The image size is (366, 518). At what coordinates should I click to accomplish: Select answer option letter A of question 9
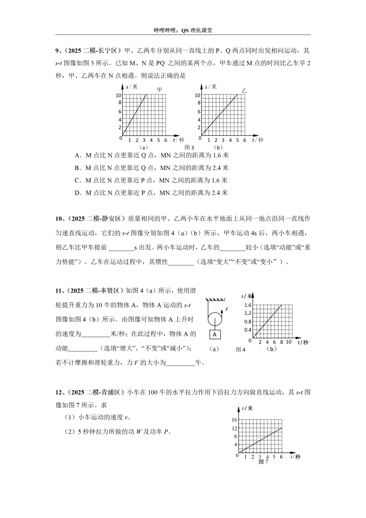[77, 155]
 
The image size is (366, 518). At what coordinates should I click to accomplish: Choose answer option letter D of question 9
[77, 193]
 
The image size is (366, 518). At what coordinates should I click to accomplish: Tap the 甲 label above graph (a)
[160, 90]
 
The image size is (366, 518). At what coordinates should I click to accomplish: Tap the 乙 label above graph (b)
[244, 91]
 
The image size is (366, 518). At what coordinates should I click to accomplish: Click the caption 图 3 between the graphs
[189, 148]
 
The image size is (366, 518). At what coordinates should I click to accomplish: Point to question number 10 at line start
[60, 219]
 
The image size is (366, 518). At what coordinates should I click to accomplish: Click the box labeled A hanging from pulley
[215, 334]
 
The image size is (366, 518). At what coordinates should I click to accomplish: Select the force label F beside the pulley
[227, 309]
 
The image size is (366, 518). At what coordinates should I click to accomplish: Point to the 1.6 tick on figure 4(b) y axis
[248, 305]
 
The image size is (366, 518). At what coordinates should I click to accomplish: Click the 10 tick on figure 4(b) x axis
[289, 342]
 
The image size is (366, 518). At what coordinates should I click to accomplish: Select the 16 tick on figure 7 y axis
[234, 420]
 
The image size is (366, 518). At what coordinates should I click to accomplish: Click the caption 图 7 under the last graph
[263, 462]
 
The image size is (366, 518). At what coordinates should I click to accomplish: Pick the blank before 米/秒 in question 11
[96, 334]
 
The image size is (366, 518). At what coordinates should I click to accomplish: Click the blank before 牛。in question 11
[180, 363]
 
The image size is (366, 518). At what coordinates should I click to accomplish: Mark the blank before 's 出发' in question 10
[121, 248]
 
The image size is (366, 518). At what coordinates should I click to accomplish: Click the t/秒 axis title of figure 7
[295, 457]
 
